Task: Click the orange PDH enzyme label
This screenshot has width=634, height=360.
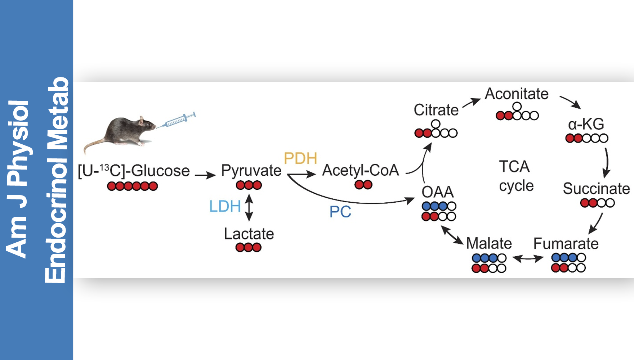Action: coord(300,158)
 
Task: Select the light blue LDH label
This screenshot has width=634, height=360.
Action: coord(225,207)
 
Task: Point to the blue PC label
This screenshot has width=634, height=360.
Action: coord(340,212)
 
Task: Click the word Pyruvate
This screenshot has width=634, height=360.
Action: coord(251,171)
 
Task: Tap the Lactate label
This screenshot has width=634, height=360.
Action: coord(249,234)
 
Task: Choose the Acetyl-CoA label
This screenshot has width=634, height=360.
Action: coord(361,170)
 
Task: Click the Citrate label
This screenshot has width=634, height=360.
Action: coord(436,110)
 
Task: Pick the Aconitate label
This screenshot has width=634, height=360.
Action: coord(517,94)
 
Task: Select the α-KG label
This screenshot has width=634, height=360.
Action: coord(586,124)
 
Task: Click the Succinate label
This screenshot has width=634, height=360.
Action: coord(596,189)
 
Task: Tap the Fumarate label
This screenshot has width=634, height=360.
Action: coord(566,244)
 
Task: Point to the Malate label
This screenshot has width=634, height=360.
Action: coord(489,243)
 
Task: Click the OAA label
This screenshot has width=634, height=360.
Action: coord(438,192)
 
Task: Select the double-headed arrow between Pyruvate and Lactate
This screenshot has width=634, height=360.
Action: coord(249,207)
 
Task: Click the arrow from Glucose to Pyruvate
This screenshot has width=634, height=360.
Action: coord(205,175)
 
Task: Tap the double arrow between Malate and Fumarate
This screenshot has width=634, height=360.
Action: coord(528,258)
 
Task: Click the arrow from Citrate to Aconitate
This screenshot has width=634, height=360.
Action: coord(471,103)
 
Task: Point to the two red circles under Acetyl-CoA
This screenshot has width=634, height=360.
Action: coord(363,185)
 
